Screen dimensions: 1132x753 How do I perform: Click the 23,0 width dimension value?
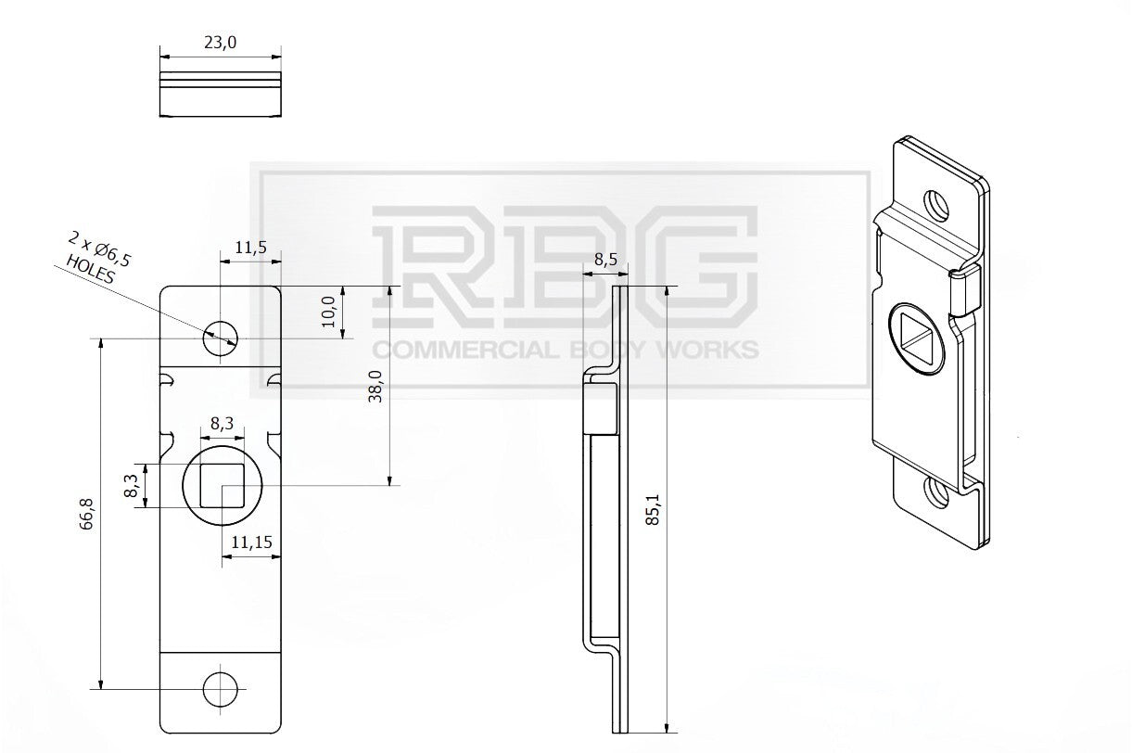click(220, 43)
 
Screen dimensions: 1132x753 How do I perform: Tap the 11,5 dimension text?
click(250, 248)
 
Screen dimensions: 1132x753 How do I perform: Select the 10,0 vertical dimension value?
click(329, 312)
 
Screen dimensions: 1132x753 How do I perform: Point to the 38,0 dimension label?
click(375, 386)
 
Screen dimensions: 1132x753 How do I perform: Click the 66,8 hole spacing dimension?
click(86, 514)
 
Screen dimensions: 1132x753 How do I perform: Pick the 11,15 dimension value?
click(251, 542)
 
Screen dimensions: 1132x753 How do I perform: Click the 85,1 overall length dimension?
click(654, 510)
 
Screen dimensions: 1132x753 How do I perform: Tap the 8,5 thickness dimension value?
click(605, 260)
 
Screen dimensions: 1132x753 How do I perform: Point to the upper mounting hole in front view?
click(221, 338)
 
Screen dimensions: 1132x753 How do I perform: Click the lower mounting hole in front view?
click(221, 689)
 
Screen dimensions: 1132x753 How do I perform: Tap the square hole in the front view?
click(223, 485)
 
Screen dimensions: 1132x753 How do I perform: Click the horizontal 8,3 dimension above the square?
click(223, 424)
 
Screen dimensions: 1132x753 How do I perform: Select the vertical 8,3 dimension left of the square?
click(131, 486)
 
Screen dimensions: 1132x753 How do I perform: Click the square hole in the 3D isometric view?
click(916, 339)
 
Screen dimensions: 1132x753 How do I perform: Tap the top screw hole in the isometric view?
click(936, 205)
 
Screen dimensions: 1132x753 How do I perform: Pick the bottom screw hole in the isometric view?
click(936, 493)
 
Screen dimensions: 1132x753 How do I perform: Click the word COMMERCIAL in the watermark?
click(465, 350)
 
